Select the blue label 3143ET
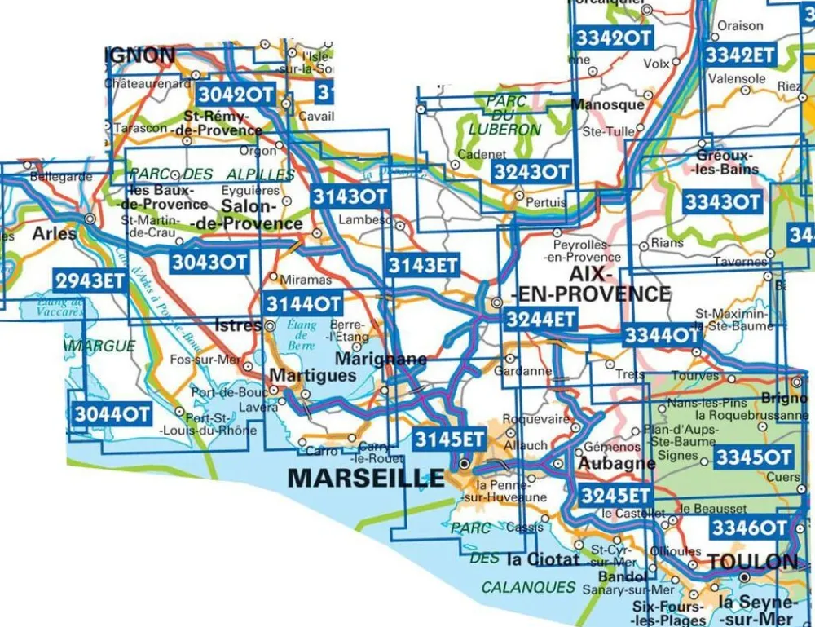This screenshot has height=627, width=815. (x=423, y=264)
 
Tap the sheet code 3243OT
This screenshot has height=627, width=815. (x=531, y=172)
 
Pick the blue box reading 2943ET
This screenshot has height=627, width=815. (x=90, y=280)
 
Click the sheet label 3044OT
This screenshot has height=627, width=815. (x=112, y=414)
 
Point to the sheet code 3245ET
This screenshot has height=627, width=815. (x=615, y=495)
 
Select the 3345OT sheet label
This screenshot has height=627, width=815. (x=753, y=457)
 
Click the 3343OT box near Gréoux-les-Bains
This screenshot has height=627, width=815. (x=722, y=202)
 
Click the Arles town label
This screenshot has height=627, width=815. (x=55, y=233)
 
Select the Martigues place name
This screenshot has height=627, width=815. (x=312, y=376)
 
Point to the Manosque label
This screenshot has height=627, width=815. (x=607, y=104)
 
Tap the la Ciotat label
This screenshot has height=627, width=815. (x=542, y=560)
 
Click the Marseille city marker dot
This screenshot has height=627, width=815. (x=464, y=465)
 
